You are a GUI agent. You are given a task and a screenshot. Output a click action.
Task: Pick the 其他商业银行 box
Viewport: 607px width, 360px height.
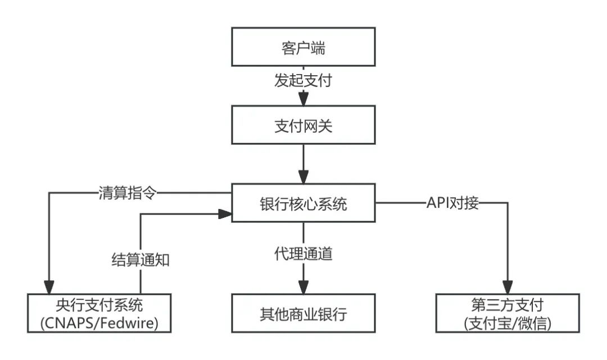click(303, 313)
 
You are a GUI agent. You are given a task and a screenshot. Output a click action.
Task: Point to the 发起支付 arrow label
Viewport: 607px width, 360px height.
click(303, 81)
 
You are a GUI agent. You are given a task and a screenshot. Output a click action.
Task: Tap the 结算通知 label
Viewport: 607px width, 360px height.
click(139, 259)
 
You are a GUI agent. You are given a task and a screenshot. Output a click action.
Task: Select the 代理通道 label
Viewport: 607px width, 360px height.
click(303, 254)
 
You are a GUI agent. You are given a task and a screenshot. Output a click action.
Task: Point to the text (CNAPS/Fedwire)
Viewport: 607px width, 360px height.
click(99, 323)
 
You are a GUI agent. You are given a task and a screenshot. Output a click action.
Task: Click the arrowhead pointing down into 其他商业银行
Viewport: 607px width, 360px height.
click(303, 288)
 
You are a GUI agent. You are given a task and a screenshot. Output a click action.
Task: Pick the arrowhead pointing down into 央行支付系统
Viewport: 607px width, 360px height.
click(49, 288)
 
